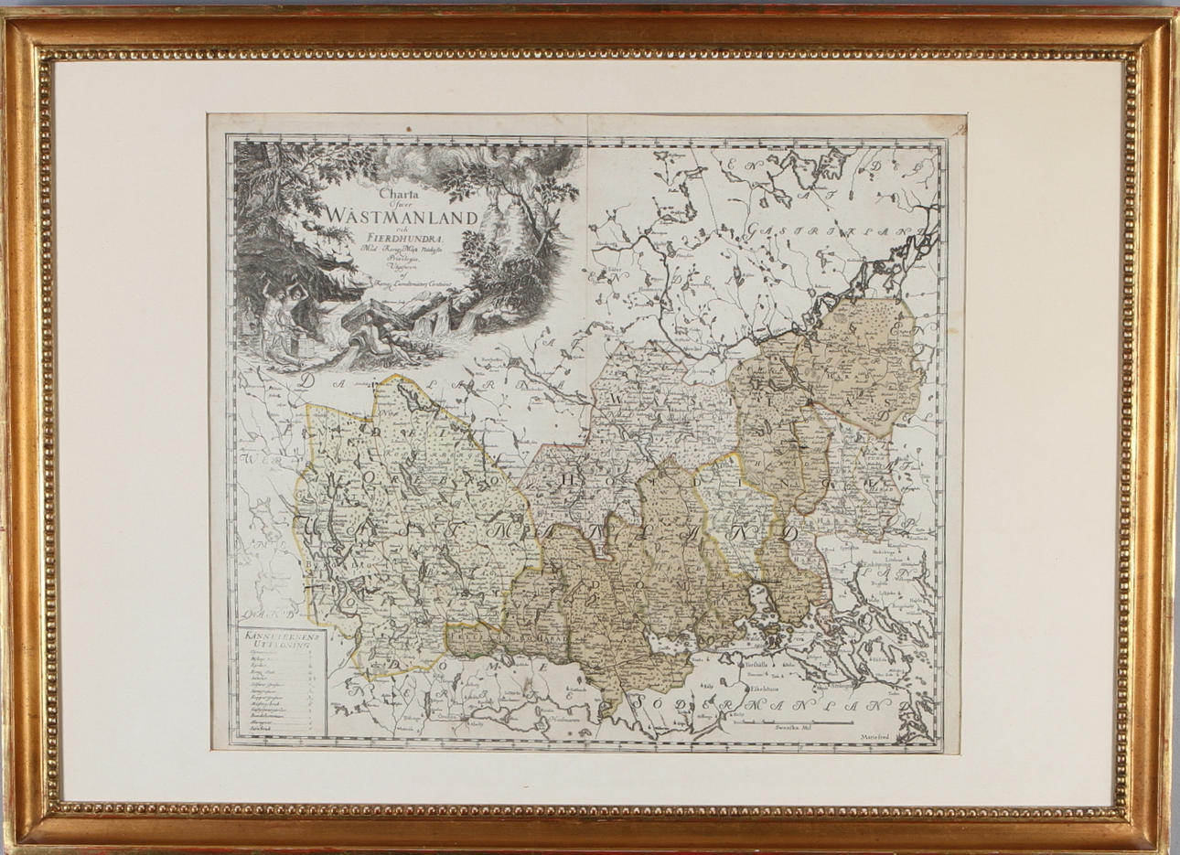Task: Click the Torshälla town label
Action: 756,664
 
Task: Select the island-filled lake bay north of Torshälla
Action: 764,612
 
